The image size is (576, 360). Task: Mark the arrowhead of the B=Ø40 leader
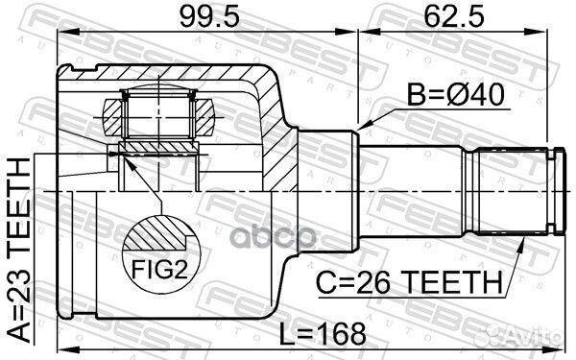coord(362,128)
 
